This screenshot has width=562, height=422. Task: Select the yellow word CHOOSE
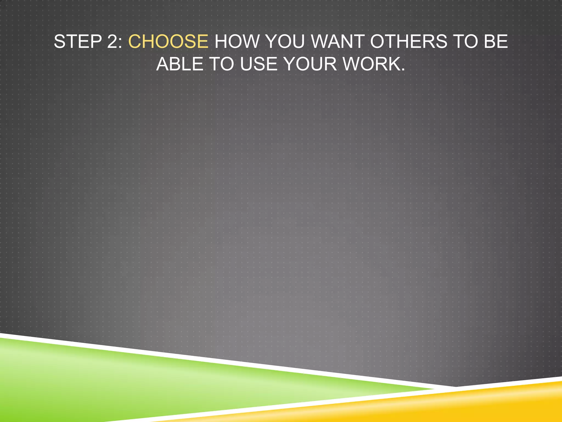pos(168,41)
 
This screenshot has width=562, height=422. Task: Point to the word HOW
pos(237,41)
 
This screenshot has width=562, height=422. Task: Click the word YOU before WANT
pos(285,41)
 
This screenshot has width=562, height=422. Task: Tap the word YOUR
pos(310,64)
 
